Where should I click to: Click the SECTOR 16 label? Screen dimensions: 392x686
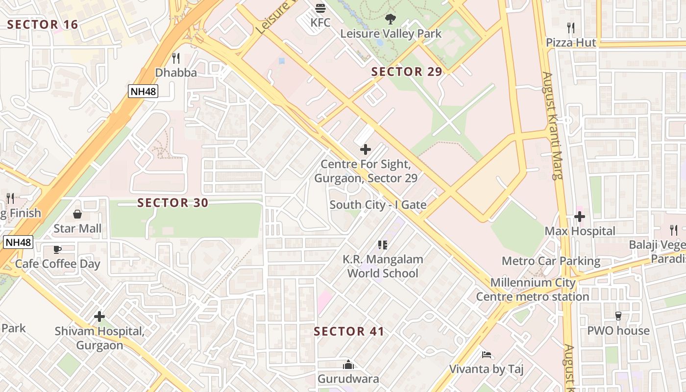click(43, 24)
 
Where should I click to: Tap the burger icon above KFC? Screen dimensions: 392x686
click(320, 8)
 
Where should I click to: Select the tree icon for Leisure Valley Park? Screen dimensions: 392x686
click(391, 20)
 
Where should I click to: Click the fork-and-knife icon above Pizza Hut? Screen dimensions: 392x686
click(570, 28)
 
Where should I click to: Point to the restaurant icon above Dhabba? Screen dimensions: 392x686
click(176, 58)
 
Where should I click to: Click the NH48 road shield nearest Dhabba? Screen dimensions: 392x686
click(143, 91)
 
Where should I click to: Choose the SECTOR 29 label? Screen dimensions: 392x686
click(406, 72)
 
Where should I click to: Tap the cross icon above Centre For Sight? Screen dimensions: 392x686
click(366, 149)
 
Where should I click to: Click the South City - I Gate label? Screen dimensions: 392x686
click(378, 205)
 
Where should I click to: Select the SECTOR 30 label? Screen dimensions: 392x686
click(172, 202)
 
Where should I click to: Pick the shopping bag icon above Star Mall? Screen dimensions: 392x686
click(77, 214)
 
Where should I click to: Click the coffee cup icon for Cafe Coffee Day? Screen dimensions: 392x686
click(57, 249)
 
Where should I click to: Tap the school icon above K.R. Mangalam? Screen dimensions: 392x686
click(383, 245)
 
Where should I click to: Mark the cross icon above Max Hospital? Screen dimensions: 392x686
click(580, 216)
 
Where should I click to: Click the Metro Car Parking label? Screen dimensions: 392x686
click(551, 261)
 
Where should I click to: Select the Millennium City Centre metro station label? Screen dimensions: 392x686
click(533, 290)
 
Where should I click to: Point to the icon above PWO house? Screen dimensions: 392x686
click(618, 316)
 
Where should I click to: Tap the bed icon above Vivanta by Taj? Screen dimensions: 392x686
click(487, 355)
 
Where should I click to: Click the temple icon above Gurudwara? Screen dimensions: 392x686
click(348, 365)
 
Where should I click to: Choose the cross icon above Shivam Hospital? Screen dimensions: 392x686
click(99, 317)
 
